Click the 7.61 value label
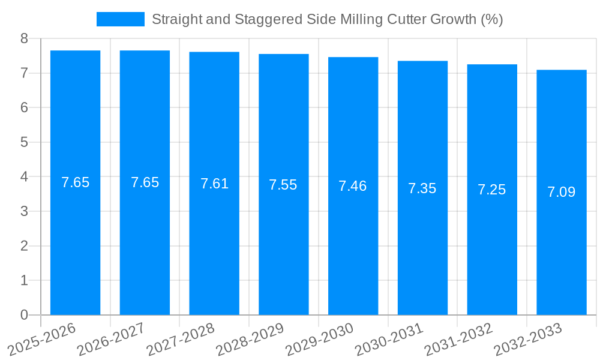214,184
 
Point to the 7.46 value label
353,186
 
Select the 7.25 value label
492,190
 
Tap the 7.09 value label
562,192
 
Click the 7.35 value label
422,188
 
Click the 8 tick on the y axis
24,38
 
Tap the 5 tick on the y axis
24,142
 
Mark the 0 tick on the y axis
24,315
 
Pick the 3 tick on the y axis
24,211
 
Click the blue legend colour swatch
121,19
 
